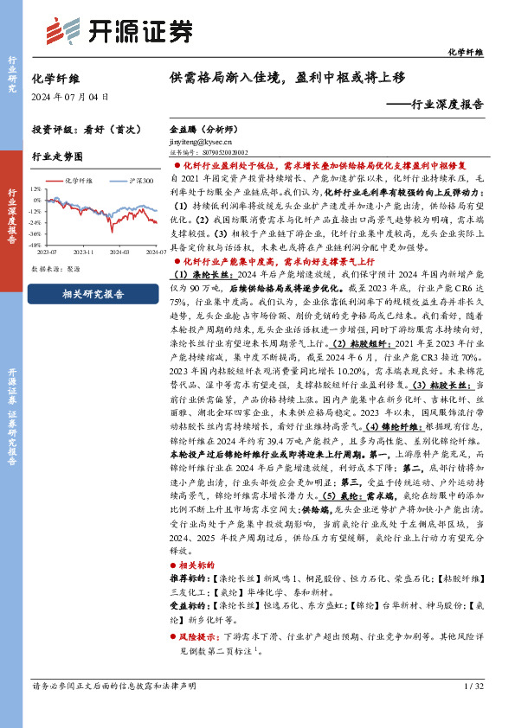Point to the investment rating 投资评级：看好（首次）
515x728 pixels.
pyautogui.click(x=86, y=129)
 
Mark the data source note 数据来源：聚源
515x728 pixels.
pyautogui.click(x=60, y=269)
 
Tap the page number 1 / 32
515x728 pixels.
pyautogui.click(x=473, y=686)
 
